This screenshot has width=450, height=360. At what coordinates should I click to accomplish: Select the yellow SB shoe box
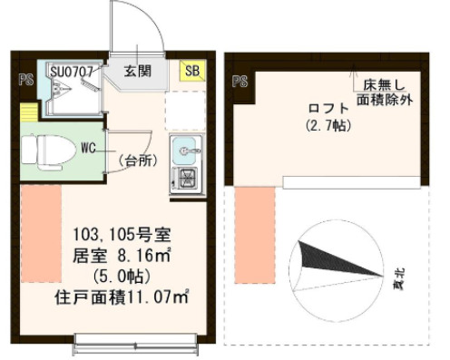[193, 71]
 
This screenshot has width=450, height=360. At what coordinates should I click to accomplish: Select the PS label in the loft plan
[240, 82]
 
